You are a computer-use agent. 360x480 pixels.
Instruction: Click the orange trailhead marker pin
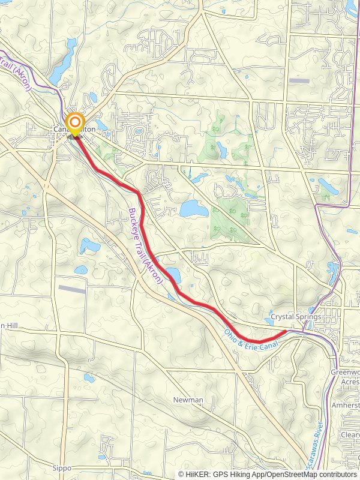pyautogui.click(x=75, y=124)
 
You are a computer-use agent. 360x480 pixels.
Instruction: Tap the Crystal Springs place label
pyautogui.click(x=296, y=316)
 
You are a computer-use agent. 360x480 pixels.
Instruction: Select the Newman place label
pyautogui.click(x=188, y=400)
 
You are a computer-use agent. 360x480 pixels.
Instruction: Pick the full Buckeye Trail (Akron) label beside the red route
pyautogui.click(x=146, y=246)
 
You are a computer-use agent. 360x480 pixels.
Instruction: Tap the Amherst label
pyautogui.click(x=345, y=406)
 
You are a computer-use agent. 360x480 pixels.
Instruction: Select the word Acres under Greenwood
pyautogui.click(x=349, y=381)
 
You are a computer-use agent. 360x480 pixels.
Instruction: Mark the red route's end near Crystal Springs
pyautogui.click(x=286, y=331)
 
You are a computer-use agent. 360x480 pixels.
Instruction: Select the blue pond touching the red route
pyautogui.click(x=173, y=275)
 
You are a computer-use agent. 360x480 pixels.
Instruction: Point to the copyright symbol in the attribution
pyautogui.click(x=182, y=474)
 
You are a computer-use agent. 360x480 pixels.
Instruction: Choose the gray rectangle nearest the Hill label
pyautogui.click(x=71, y=289)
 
